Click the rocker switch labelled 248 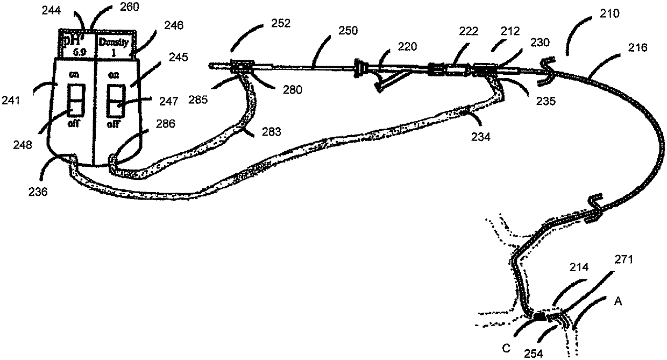[75, 99]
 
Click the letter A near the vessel [618, 302]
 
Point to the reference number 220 [407, 47]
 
